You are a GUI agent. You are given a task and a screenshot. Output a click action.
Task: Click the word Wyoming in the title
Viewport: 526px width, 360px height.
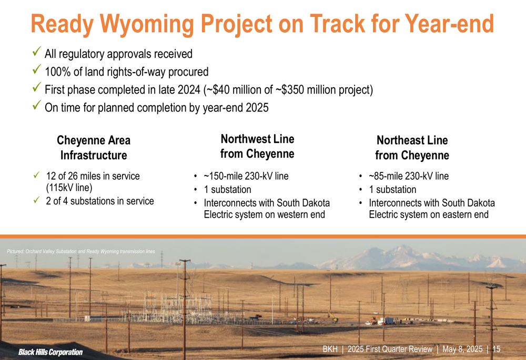coord(147,24)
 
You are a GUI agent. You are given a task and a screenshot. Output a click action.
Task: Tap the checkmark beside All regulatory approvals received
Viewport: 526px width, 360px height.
coord(37,52)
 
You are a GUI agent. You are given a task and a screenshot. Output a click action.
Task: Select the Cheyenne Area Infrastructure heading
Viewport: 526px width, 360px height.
coord(94,148)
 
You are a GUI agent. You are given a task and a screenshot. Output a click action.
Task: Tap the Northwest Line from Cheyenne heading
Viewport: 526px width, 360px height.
coord(257,147)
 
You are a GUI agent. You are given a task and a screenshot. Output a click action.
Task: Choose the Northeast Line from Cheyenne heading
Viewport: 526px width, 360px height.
coord(412,148)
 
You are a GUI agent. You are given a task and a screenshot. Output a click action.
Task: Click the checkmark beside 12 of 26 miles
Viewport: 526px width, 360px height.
coord(37,174)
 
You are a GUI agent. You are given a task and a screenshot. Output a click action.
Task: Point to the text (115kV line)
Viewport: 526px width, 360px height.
coord(69,188)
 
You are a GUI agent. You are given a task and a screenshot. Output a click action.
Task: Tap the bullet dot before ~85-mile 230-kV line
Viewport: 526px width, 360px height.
coord(361,176)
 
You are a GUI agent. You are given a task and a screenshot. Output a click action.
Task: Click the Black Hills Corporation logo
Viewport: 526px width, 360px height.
coord(50,352)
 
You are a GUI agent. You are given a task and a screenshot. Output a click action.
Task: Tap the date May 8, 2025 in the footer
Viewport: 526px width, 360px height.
coord(462,349)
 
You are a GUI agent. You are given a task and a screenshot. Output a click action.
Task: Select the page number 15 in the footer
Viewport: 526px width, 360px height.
coord(497,349)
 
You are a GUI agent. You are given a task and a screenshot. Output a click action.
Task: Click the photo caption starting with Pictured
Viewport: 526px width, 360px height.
coord(81,251)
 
